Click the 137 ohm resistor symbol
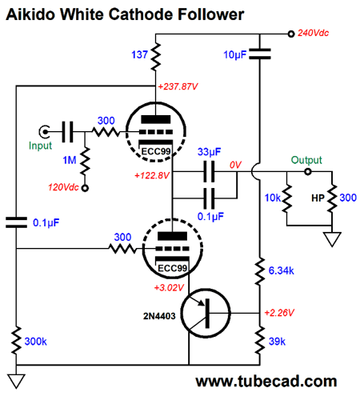156,57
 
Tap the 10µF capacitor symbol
260,54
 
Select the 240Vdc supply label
313,33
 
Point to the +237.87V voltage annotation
178,86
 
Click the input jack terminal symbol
44,131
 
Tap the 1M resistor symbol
86,161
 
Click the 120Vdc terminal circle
85,188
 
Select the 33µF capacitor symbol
209,171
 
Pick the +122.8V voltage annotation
152,175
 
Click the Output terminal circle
308,172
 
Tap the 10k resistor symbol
287,198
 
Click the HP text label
318,198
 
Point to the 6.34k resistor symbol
260,270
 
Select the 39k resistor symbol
260,340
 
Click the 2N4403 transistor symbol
206,313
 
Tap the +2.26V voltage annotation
279,313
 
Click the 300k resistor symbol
17,340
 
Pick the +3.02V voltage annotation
169,288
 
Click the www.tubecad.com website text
266,382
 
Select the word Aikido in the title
30,14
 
